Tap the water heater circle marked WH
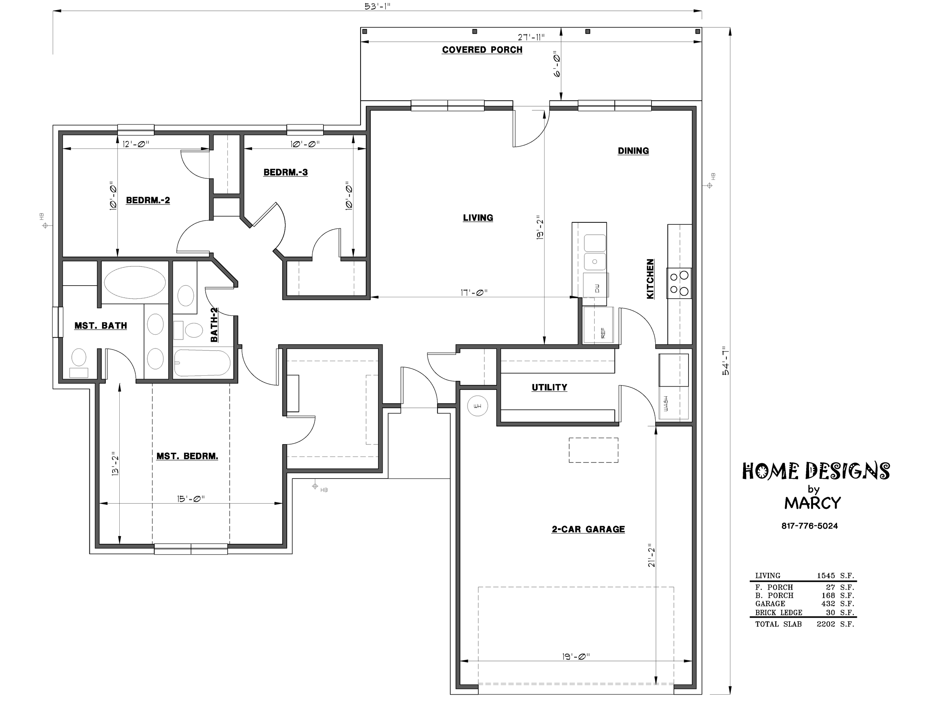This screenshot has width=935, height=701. [x=478, y=406]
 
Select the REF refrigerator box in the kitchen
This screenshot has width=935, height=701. [x=598, y=325]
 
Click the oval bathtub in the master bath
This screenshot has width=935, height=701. [x=135, y=282]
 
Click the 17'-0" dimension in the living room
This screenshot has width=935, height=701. [x=474, y=292]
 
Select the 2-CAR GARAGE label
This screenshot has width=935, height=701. [x=588, y=529]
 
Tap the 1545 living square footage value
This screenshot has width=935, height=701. [x=825, y=575]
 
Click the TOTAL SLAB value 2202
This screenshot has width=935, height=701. [x=825, y=624]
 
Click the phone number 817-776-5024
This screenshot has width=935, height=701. [x=809, y=526]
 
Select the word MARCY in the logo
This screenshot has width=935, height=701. [x=812, y=503]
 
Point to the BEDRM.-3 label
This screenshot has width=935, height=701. [x=285, y=172]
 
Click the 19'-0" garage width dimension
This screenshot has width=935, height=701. [x=576, y=656]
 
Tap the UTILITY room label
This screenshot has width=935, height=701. [x=549, y=387]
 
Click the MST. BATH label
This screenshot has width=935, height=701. [x=101, y=326]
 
